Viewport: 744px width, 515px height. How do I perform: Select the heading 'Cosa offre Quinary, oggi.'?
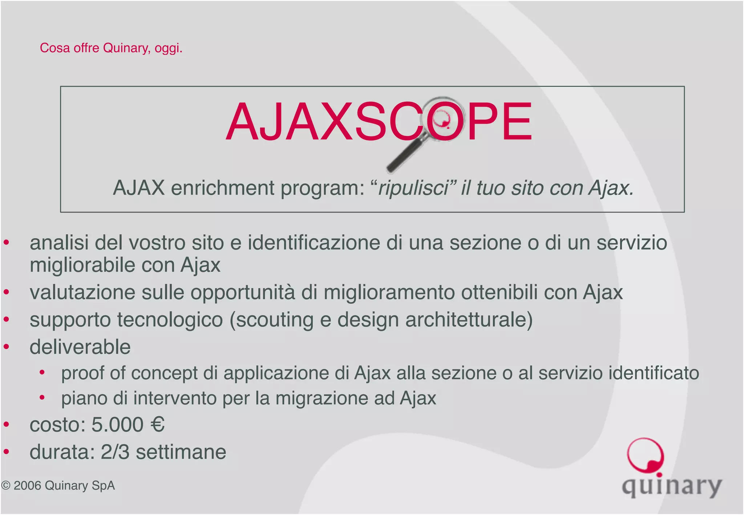click(x=111, y=48)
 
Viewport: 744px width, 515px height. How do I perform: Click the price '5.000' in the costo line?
click(x=117, y=425)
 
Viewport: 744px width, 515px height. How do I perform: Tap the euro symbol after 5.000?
click(x=157, y=425)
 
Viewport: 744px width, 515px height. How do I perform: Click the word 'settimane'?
click(x=181, y=452)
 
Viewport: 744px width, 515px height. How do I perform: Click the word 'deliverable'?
click(x=80, y=347)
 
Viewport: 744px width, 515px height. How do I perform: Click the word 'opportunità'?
click(x=243, y=293)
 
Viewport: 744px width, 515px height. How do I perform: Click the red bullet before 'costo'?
click(x=6, y=425)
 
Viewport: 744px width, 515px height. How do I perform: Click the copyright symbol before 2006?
click(x=5, y=486)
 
